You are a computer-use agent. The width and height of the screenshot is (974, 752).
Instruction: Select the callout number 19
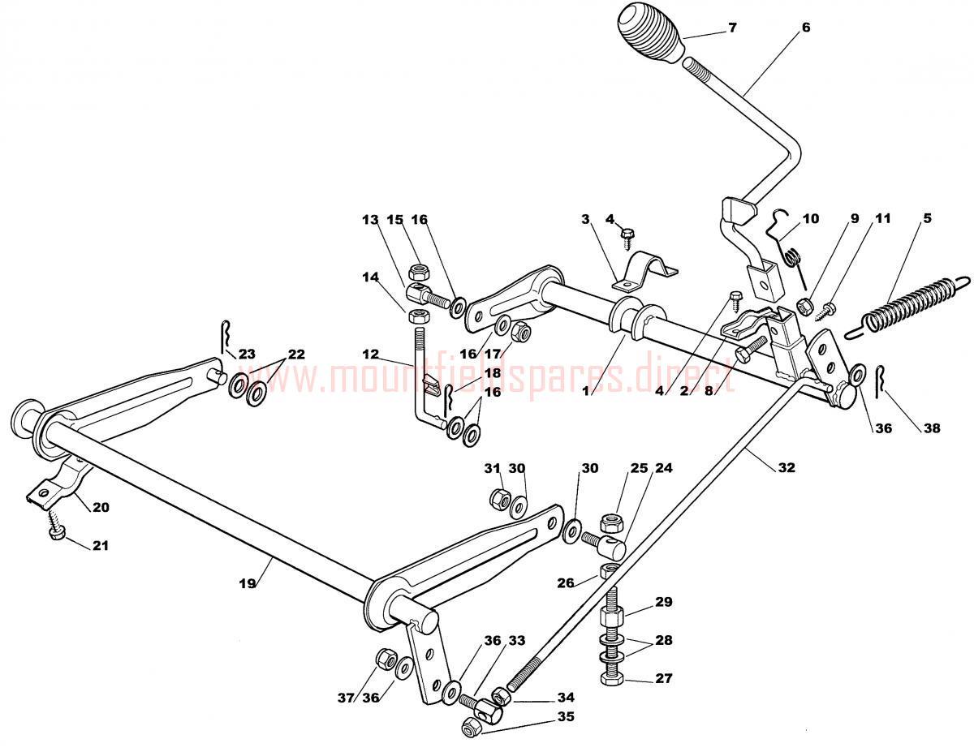click(x=248, y=582)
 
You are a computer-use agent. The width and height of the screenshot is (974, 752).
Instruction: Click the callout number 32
click(x=786, y=467)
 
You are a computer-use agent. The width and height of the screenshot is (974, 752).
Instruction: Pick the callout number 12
click(x=370, y=354)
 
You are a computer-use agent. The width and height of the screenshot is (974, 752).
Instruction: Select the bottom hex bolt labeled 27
click(x=610, y=678)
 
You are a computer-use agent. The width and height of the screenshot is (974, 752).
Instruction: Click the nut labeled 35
click(x=470, y=728)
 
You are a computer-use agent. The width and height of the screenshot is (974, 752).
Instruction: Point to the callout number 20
click(x=100, y=508)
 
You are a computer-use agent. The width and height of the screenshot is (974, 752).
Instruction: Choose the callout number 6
click(x=805, y=27)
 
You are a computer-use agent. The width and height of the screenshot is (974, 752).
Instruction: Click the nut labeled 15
click(x=419, y=270)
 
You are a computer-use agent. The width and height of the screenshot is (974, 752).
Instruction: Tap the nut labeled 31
click(x=498, y=496)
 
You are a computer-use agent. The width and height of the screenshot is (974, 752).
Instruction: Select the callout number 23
click(x=247, y=354)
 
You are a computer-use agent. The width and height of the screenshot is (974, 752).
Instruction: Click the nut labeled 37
click(x=385, y=657)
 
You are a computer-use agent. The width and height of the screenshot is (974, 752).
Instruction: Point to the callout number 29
click(x=664, y=603)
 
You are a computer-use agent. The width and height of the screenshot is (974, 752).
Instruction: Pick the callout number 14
click(x=370, y=276)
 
